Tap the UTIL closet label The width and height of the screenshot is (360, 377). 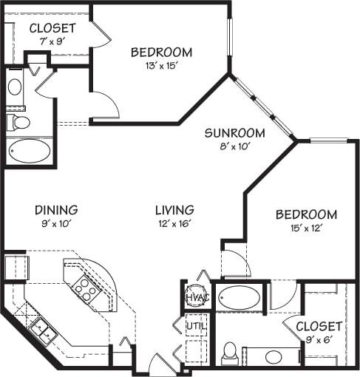tap(196, 325)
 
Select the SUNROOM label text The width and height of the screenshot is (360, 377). tap(234, 133)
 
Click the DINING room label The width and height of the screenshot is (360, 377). tap(55, 210)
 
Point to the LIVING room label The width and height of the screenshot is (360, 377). tap(174, 210)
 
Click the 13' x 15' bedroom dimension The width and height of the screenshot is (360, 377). tap(161, 66)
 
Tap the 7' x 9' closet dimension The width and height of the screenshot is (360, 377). tap(52, 41)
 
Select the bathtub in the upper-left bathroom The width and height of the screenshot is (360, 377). tap(30, 151)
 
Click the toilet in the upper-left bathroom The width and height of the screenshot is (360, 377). tap(17, 122)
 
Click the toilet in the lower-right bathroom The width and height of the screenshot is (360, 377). tap(229, 353)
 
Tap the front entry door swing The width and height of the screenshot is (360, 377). tap(162, 366)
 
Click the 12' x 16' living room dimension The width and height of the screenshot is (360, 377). tap(174, 223)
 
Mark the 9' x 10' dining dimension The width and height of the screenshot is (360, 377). tap(55, 223)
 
